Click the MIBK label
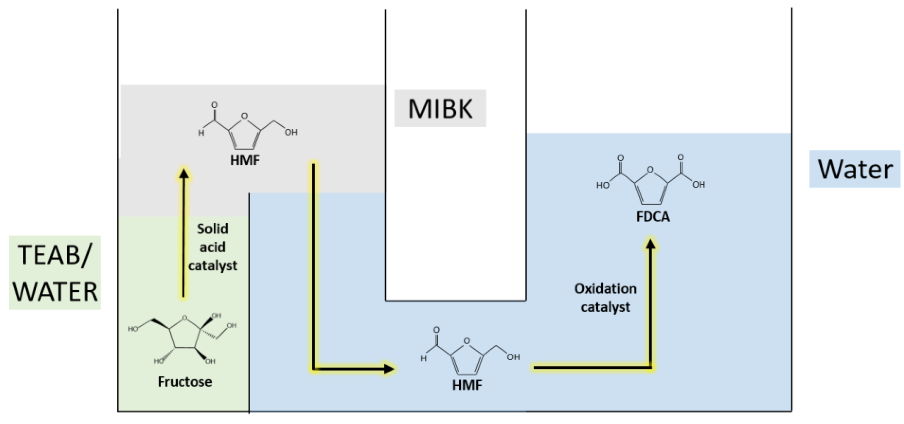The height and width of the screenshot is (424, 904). [x=440, y=108]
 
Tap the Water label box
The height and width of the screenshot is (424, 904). [x=855, y=169]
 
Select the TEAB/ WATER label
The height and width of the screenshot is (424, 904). [x=55, y=273]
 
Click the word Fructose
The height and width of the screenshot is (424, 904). [x=185, y=381]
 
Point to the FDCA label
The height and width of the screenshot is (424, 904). [x=653, y=216]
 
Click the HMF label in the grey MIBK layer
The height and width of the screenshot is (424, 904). [x=245, y=160]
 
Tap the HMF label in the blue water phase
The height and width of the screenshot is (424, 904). [x=467, y=385]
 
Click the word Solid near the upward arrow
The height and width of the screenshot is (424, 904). [x=213, y=228]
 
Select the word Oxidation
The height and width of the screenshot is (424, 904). [x=606, y=289]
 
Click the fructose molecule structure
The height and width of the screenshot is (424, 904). [x=182, y=339]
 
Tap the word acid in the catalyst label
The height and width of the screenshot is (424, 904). [x=213, y=247]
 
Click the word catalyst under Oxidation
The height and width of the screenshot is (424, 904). [x=606, y=307]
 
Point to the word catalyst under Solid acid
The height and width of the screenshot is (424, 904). [x=213, y=265]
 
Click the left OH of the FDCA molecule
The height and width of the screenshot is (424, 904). [x=603, y=185]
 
